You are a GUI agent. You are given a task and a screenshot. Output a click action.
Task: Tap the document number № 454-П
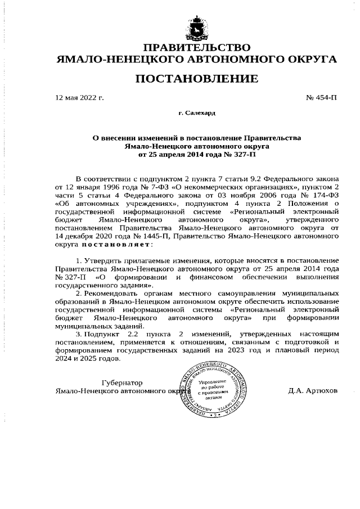pyautogui.click(x=322, y=97)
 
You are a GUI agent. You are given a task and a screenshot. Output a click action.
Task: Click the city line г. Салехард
pyautogui.click(x=197, y=113)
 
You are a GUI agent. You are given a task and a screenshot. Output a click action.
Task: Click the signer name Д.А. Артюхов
pyautogui.click(x=313, y=390)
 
